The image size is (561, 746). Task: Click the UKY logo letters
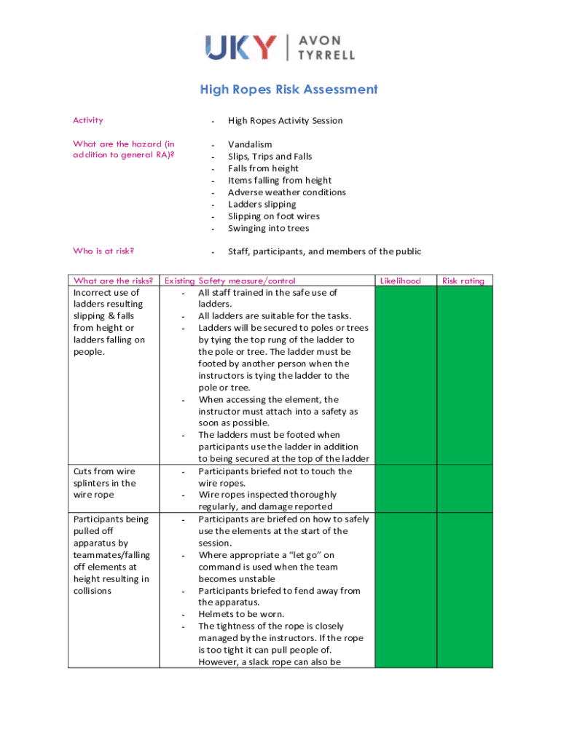pyautogui.click(x=241, y=47)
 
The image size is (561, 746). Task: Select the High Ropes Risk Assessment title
pyautogui.click(x=289, y=90)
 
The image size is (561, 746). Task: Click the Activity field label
pyautogui.click(x=88, y=120)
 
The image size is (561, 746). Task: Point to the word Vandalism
pyautogui.click(x=250, y=144)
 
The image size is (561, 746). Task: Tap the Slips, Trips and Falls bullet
pyautogui.click(x=270, y=157)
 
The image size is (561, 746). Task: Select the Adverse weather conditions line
pyautogui.click(x=286, y=192)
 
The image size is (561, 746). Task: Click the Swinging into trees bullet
pyautogui.click(x=268, y=228)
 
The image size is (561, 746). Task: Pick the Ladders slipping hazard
pyautogui.click(x=262, y=204)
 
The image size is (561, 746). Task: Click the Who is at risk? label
pyautogui.click(x=103, y=251)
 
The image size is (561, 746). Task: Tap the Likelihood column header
pyautogui.click(x=401, y=280)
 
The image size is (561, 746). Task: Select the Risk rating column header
pyautogui.click(x=463, y=280)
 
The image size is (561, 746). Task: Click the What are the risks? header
pyautogui.click(x=113, y=280)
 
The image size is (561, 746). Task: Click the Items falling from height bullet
pyautogui.click(x=280, y=180)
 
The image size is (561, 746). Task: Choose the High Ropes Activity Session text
pyautogui.click(x=285, y=120)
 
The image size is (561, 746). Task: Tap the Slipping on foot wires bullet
pyautogui.click(x=273, y=216)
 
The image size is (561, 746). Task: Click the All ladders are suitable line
pyautogui.click(x=275, y=316)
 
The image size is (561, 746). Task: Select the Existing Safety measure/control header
pyautogui.click(x=230, y=280)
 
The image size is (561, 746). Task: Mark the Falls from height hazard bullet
pyautogui.click(x=263, y=168)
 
